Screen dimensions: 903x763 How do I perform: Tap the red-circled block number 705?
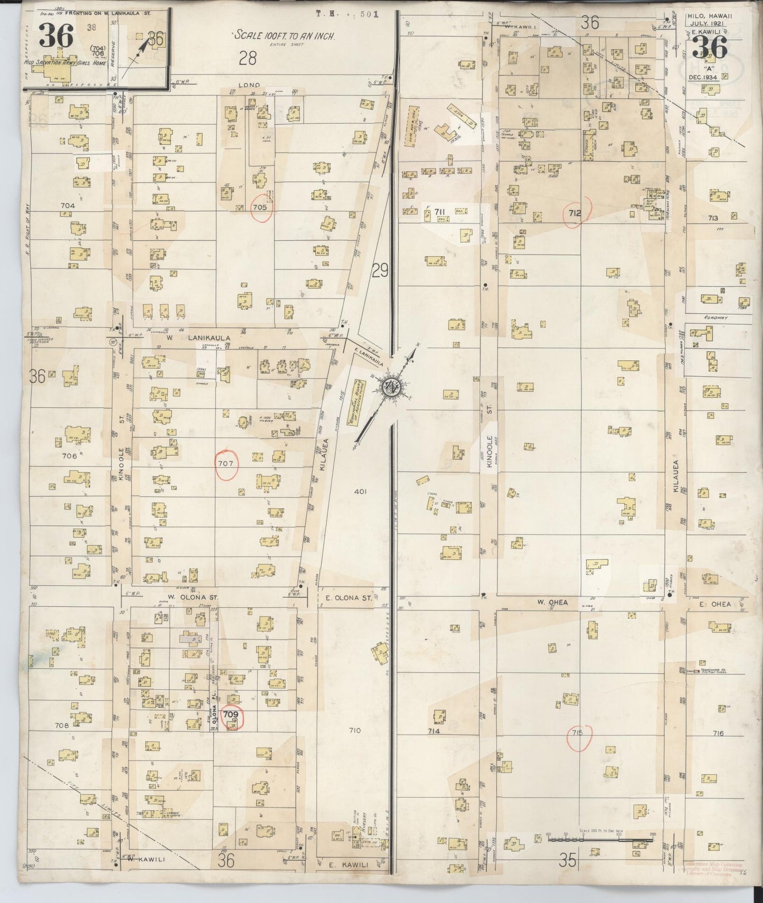pyautogui.click(x=260, y=206)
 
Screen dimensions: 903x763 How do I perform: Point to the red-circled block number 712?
pyautogui.click(x=574, y=213)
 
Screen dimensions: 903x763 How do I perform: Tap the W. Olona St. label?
pyautogui.click(x=185, y=597)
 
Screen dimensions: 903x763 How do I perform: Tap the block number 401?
pyautogui.click(x=360, y=492)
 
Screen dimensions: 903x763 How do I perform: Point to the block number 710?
pyautogui.click(x=354, y=730)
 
